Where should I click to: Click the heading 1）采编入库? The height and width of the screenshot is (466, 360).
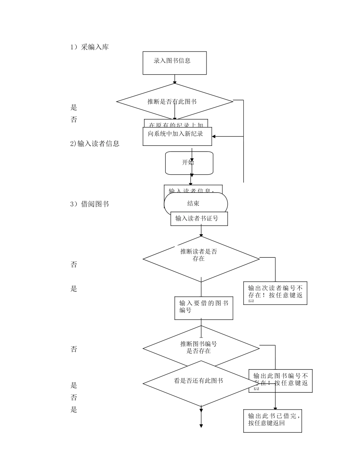[x=89, y=47]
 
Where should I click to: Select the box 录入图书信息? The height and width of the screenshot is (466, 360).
[x=174, y=63]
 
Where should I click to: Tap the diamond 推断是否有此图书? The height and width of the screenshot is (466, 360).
[x=174, y=102]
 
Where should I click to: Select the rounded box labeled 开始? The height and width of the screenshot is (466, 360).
[x=189, y=163]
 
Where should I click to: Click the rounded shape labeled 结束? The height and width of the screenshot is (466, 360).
[x=196, y=204]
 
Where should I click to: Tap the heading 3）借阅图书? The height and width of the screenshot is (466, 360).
[x=89, y=204]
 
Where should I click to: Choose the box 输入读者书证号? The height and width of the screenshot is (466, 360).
[x=199, y=219]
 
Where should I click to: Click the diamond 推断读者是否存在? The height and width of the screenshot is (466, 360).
[x=201, y=259]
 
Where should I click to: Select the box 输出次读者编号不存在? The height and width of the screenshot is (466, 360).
[x=275, y=293]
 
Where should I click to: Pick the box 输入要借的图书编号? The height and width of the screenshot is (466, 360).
[x=203, y=308]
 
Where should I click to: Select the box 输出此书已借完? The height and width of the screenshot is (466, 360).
[x=272, y=421]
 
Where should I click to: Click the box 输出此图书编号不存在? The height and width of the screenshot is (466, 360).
[x=281, y=380]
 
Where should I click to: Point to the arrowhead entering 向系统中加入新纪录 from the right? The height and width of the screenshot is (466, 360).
[x=214, y=136]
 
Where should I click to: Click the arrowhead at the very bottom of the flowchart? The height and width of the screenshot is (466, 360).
[x=201, y=426]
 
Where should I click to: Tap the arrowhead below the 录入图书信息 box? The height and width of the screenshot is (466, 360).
[x=175, y=81]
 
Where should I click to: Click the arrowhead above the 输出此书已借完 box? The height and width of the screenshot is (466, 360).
[x=275, y=408]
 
